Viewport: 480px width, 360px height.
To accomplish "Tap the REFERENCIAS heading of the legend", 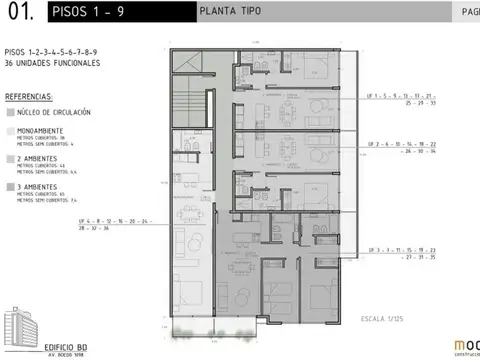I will (x=29, y=97).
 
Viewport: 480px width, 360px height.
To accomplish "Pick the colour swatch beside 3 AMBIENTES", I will (x=10, y=187).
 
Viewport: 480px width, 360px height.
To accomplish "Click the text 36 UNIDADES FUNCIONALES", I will (x=51, y=62).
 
